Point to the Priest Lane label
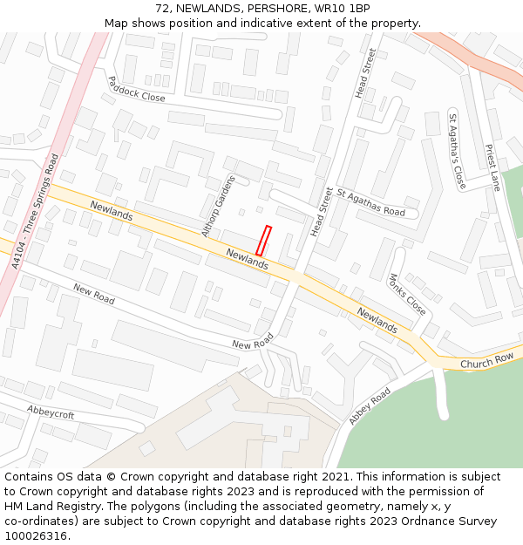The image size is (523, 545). [493, 167]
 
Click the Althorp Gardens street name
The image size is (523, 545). [218, 207]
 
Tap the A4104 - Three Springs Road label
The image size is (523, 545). [36, 210]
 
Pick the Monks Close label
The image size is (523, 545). [407, 294]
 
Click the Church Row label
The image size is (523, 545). [486, 359]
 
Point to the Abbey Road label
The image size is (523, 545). [370, 406]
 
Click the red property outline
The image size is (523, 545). [264, 241]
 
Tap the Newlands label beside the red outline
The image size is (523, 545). [247, 258]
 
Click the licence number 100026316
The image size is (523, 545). [37, 536]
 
